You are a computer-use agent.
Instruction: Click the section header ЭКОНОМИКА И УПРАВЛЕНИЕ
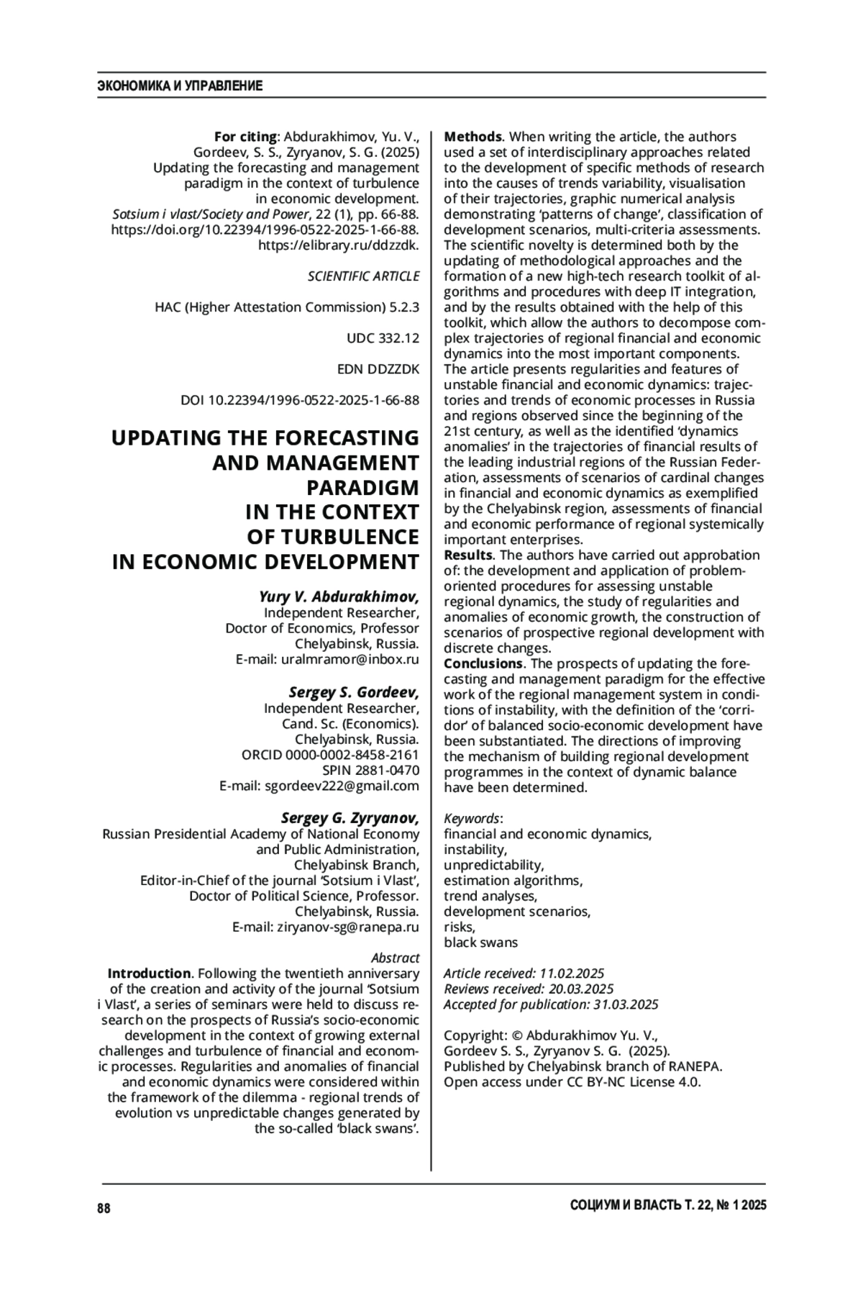(x=180, y=86)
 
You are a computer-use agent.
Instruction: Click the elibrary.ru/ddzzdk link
(x=338, y=245)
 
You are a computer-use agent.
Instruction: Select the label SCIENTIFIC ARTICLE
(x=363, y=276)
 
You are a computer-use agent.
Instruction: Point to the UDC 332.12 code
(x=383, y=338)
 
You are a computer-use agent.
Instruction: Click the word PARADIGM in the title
(x=362, y=487)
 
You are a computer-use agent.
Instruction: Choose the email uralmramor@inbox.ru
(x=350, y=659)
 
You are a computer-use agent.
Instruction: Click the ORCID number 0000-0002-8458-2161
(x=352, y=755)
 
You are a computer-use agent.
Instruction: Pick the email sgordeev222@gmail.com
(x=342, y=786)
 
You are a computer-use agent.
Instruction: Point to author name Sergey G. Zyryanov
(x=350, y=817)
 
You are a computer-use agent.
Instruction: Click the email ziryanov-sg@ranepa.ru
(x=348, y=927)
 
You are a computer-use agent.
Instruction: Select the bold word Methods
(x=472, y=137)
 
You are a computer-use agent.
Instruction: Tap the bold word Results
(x=468, y=555)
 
